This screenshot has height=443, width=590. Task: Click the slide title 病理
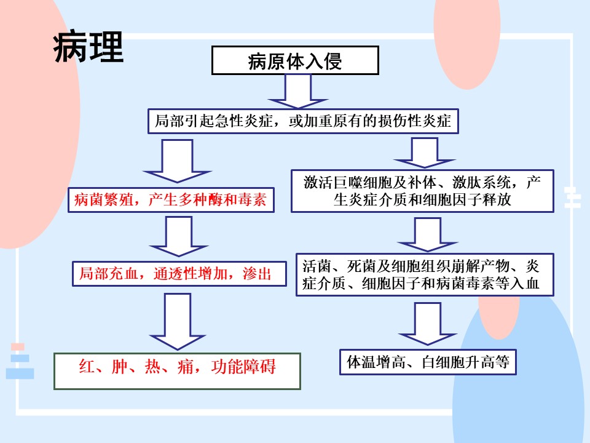tap(88, 47)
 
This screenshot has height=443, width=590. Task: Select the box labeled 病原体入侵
tap(295, 60)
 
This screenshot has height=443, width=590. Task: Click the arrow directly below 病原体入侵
tap(297, 92)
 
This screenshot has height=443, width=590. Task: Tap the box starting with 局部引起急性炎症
tap(303, 121)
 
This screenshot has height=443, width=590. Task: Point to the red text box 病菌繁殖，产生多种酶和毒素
tap(171, 199)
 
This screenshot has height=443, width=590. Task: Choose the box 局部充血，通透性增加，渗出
tap(179, 274)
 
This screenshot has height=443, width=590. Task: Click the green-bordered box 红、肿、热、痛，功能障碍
tap(177, 371)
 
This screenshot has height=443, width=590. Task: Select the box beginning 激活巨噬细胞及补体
tap(422, 191)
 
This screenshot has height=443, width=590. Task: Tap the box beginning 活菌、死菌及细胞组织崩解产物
tap(425, 274)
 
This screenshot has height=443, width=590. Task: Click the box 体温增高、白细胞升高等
tap(428, 362)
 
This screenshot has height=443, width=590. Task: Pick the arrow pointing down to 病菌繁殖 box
tap(177, 161)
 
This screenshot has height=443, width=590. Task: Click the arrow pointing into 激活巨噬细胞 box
tap(425, 153)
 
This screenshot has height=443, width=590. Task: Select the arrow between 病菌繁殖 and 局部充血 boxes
tap(179, 236)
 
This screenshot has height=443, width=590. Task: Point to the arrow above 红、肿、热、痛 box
tap(177, 322)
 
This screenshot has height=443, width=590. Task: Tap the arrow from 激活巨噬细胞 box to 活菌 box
tap(428, 234)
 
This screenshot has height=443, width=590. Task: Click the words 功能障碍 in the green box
tap(243, 367)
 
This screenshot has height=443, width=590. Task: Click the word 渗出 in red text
tap(257, 274)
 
